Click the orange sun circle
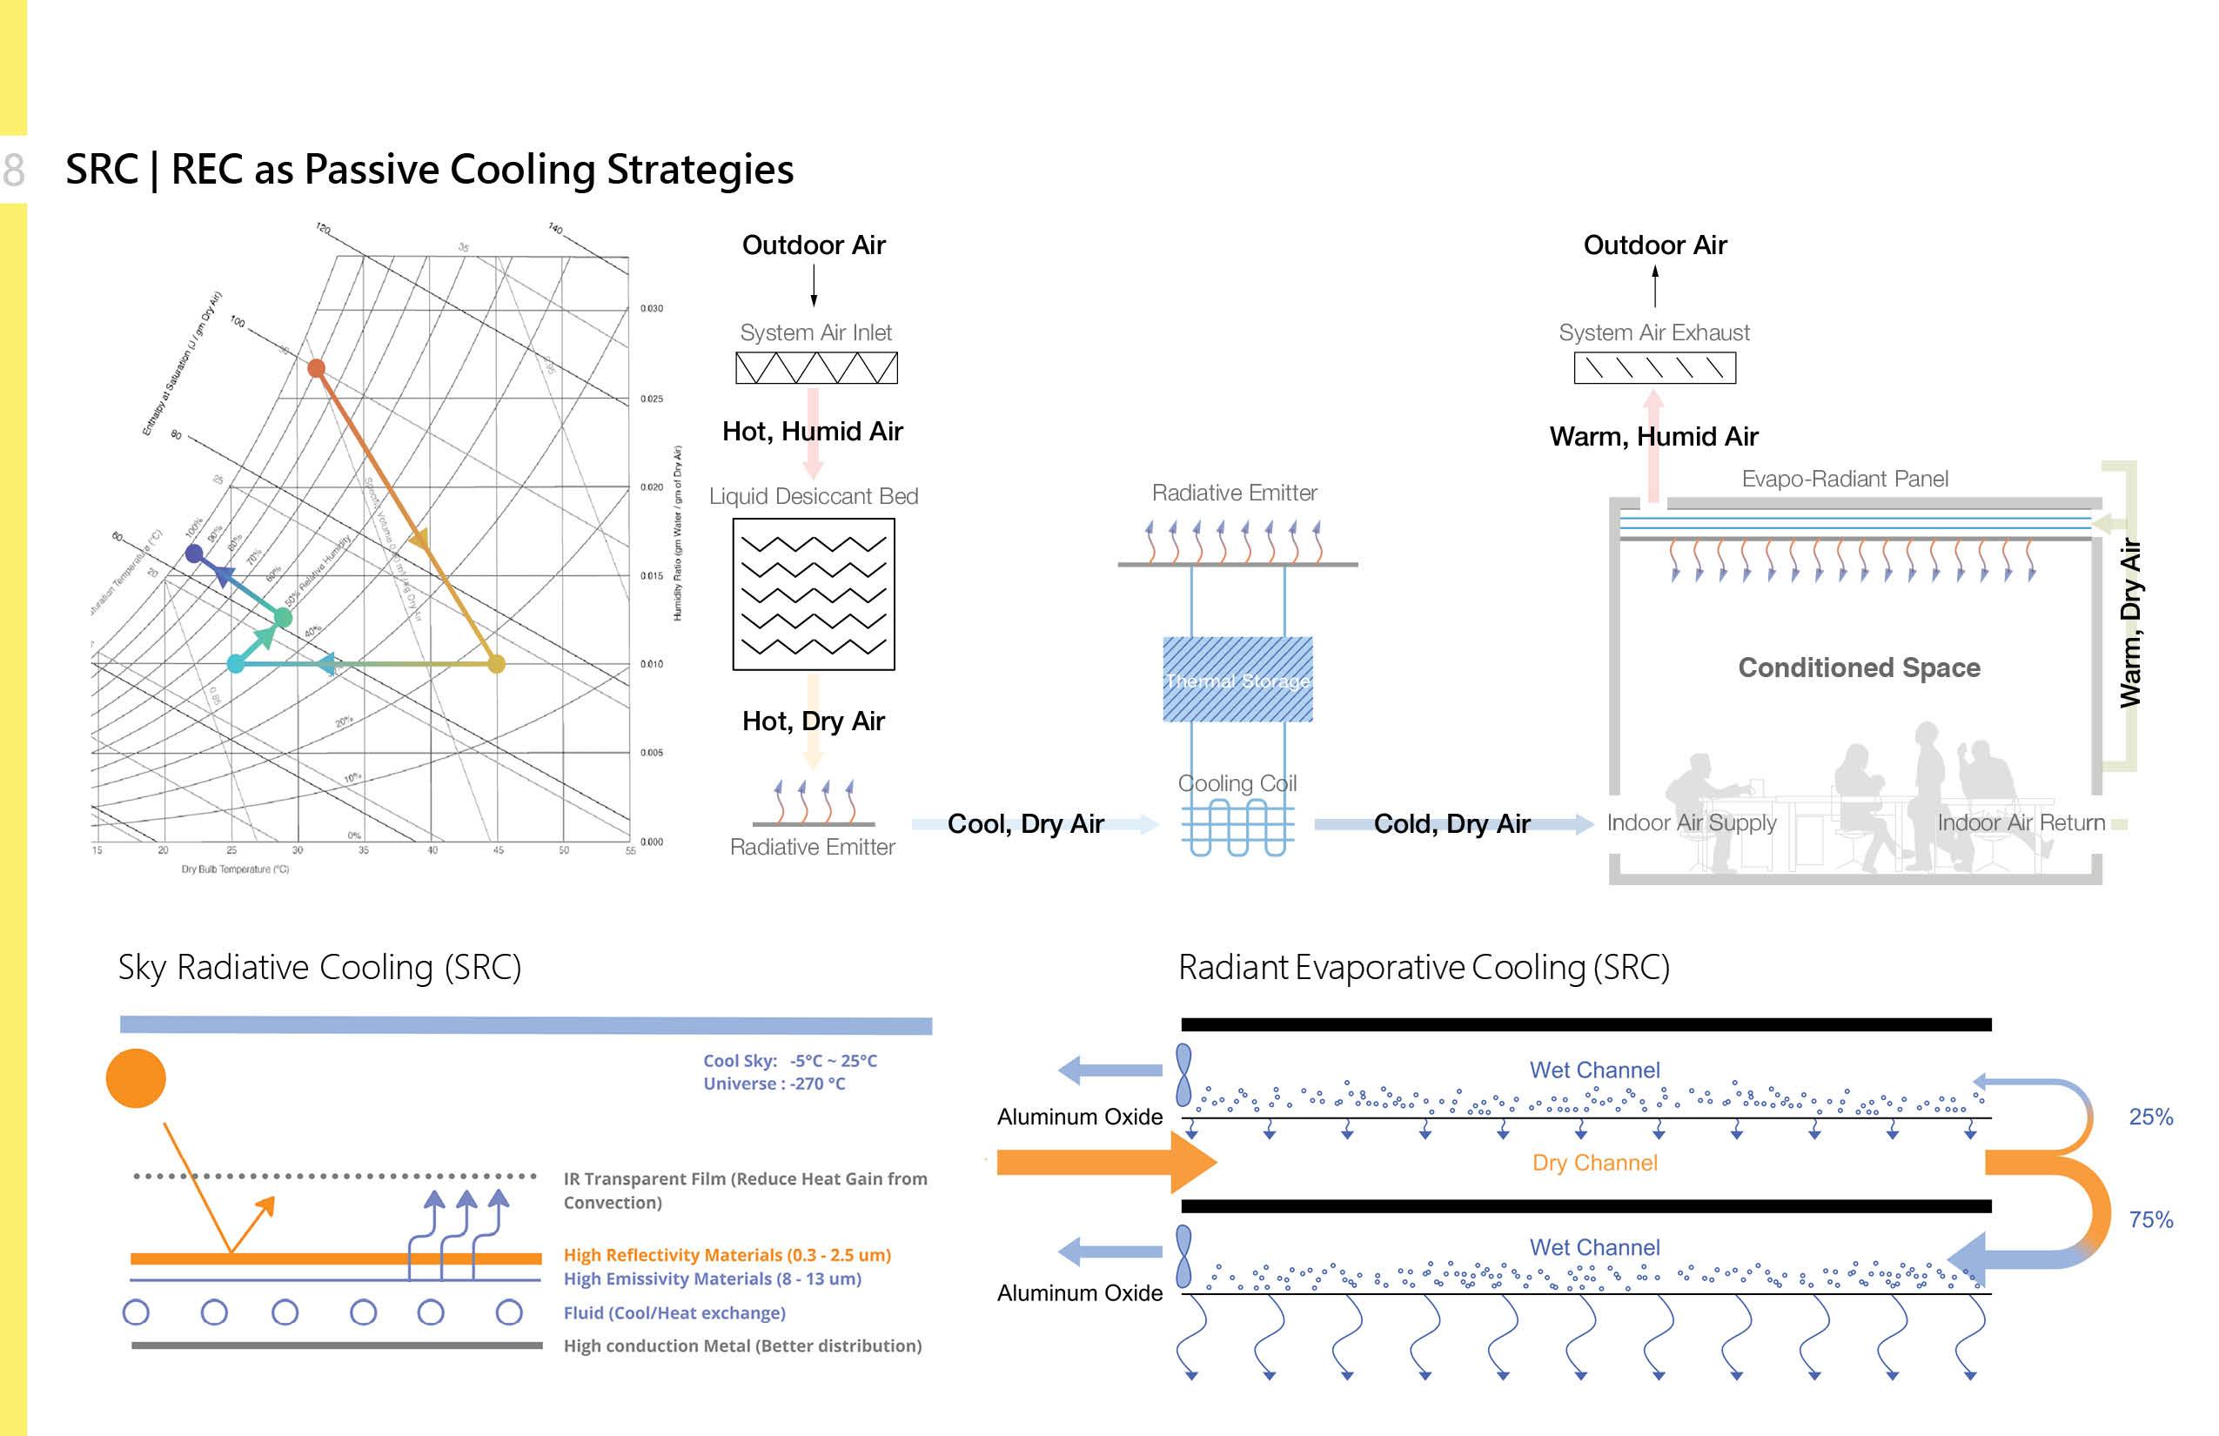tap(136, 1078)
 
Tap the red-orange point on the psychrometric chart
tap(316, 368)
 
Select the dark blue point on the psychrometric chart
tap(194, 554)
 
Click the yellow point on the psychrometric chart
tap(496, 664)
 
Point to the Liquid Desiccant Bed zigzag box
tap(813, 594)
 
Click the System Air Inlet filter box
tap(816, 367)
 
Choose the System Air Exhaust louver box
tap(1654, 367)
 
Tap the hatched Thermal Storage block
tap(1237, 679)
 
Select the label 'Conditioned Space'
tap(1858, 668)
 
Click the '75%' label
tap(2150, 1218)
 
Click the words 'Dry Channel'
tap(1594, 1163)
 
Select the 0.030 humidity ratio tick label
tap(652, 309)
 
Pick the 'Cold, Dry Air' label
tap(1451, 823)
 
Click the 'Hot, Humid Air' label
tap(812, 431)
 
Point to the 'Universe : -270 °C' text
tap(774, 1084)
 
